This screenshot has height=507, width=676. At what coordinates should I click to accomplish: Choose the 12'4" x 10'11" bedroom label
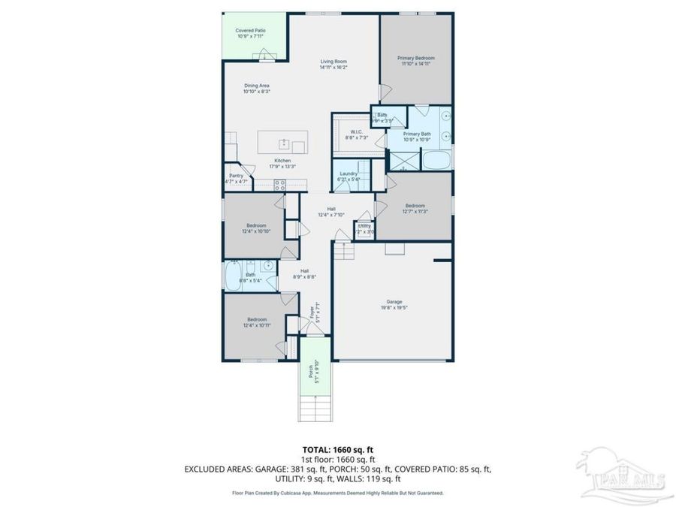pos(256,322)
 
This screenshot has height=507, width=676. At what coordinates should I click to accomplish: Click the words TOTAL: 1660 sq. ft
pos(337,449)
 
